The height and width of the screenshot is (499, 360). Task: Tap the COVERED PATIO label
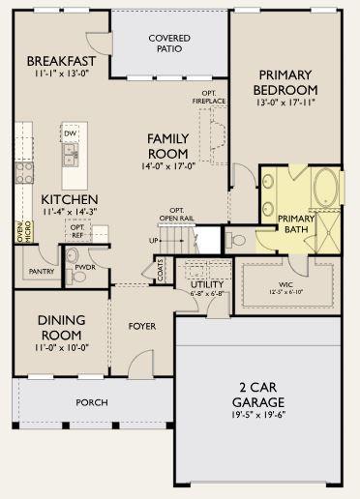[x=168, y=44]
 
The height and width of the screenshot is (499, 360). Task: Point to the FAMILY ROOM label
[x=168, y=146]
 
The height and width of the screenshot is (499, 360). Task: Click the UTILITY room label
[x=207, y=283]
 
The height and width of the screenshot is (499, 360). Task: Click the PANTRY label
[x=41, y=272]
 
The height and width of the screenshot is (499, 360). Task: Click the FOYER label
[x=142, y=326]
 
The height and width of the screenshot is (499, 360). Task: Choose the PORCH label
[x=92, y=402]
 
